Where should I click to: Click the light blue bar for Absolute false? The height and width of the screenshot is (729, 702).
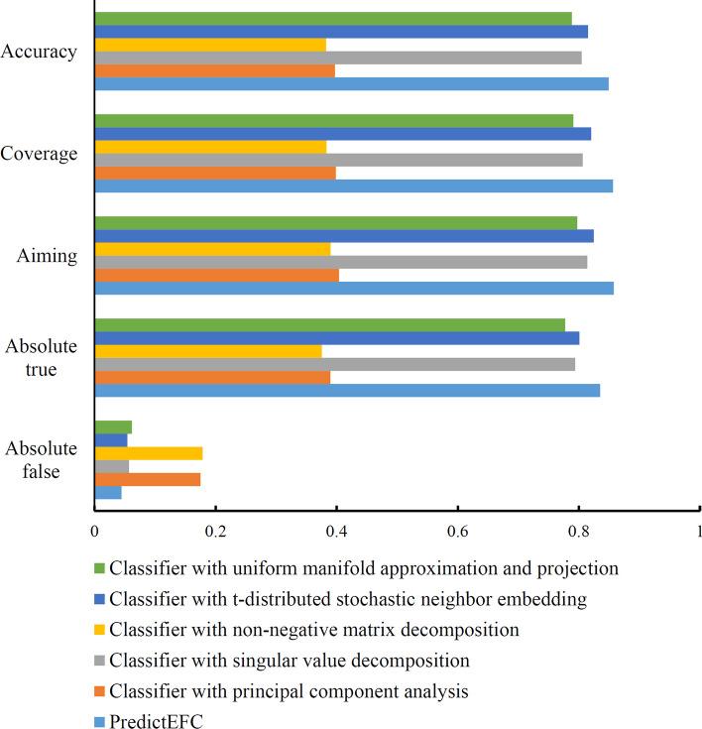[108, 492]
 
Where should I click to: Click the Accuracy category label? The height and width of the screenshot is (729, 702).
[39, 52]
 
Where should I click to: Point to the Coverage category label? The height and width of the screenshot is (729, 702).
[39, 154]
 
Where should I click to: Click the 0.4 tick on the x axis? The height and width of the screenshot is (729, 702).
[336, 531]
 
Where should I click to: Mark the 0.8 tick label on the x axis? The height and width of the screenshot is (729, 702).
[579, 531]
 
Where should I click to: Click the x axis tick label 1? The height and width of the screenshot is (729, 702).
[698, 531]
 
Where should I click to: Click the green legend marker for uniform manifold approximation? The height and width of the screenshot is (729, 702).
[100, 569]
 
